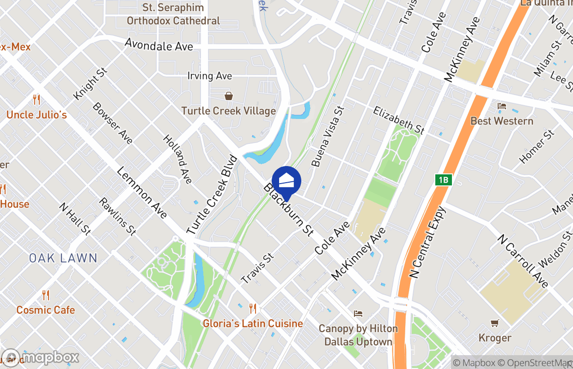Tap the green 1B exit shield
point(443,180)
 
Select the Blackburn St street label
point(289,210)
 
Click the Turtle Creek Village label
point(228,111)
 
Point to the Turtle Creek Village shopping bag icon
point(228,96)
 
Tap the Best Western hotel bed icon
point(502,107)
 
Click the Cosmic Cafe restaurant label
point(45,310)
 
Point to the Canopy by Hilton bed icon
point(358,314)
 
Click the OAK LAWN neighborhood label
point(63,258)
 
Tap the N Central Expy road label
point(427,242)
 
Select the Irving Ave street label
point(209,76)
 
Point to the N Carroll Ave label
point(523,261)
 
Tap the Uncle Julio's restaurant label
point(37,114)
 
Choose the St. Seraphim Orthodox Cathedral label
point(173,14)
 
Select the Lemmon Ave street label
point(142,192)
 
